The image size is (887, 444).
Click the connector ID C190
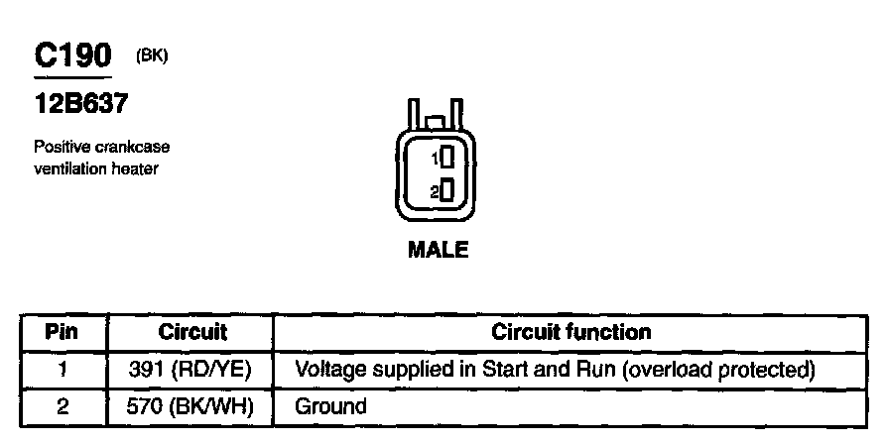73,55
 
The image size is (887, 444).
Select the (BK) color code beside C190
152,56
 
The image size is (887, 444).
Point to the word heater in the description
138,168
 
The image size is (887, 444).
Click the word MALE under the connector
438,251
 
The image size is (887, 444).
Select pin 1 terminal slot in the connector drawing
448,157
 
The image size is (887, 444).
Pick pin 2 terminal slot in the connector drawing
448,190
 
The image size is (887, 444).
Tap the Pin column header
63,332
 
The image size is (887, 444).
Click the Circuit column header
192,332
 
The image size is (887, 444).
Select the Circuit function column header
571,332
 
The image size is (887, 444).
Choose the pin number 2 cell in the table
63,405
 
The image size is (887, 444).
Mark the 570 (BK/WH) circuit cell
192,405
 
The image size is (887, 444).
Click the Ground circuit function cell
331,405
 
